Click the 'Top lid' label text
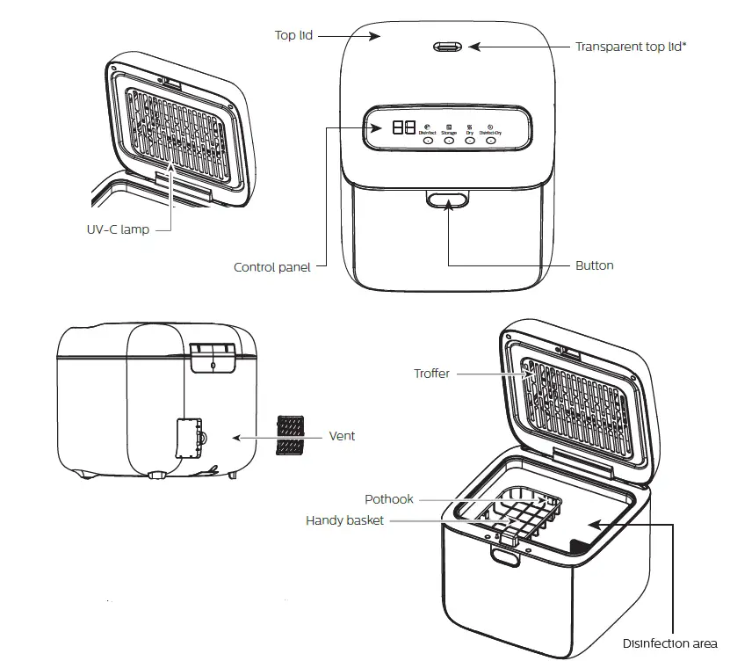293,35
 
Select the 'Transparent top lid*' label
630,47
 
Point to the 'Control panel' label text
271,266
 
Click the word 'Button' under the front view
595,265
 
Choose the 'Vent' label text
342,435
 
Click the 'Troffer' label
431,374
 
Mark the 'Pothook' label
389,499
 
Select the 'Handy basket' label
344,520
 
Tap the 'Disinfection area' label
669,643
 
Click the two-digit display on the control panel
404,127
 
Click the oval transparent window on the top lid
450,47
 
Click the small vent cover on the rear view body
188,438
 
